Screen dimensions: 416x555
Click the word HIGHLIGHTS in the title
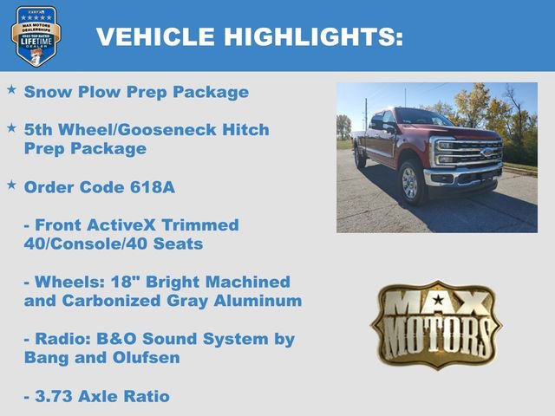pyautogui.click(x=313, y=36)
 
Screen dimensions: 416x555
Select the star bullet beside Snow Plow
pyautogui.click(x=11, y=90)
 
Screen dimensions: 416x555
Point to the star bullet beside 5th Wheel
pyautogui.click(x=11, y=128)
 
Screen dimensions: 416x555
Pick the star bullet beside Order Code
pyautogui.click(x=11, y=185)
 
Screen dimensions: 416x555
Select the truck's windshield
pyautogui.click(x=422, y=119)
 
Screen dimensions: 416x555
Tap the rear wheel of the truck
pyautogui.click(x=360, y=158)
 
